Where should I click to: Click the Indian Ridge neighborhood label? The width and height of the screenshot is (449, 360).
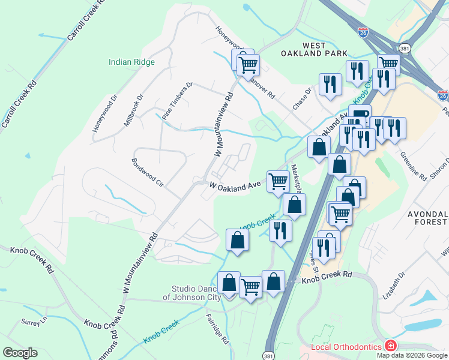(131, 62)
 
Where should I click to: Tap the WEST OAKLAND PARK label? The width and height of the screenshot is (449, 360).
(306, 49)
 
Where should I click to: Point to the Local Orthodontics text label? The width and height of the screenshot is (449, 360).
(347, 347)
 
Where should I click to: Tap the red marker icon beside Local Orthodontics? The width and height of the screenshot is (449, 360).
(391, 346)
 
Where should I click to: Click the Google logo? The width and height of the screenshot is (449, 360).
(20, 353)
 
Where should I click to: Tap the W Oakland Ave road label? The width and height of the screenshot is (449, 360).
(235, 187)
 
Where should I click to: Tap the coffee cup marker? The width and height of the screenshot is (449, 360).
(360, 114)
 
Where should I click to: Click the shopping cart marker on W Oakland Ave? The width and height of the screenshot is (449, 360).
(278, 180)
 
